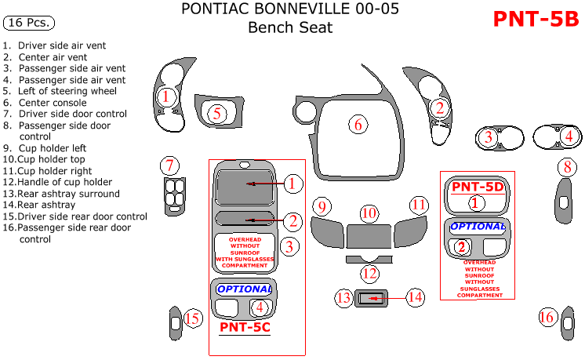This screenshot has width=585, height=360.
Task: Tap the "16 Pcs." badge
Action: (27, 22)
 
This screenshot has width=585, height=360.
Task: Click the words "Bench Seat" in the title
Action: (290, 28)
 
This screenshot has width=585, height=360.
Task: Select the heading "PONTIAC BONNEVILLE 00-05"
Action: (290, 9)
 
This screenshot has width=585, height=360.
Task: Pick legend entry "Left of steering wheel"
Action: (67, 91)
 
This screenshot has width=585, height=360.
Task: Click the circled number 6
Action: (358, 125)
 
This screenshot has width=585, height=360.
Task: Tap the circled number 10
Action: (369, 213)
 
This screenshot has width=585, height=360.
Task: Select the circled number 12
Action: (369, 274)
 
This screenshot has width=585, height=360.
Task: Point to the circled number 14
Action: (415, 297)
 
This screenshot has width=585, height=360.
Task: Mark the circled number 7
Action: (169, 165)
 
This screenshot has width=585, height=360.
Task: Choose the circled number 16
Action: (547, 317)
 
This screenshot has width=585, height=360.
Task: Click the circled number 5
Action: (217, 114)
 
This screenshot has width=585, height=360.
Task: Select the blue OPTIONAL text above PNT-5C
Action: (243, 289)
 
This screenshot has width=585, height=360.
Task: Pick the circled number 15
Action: (192, 318)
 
